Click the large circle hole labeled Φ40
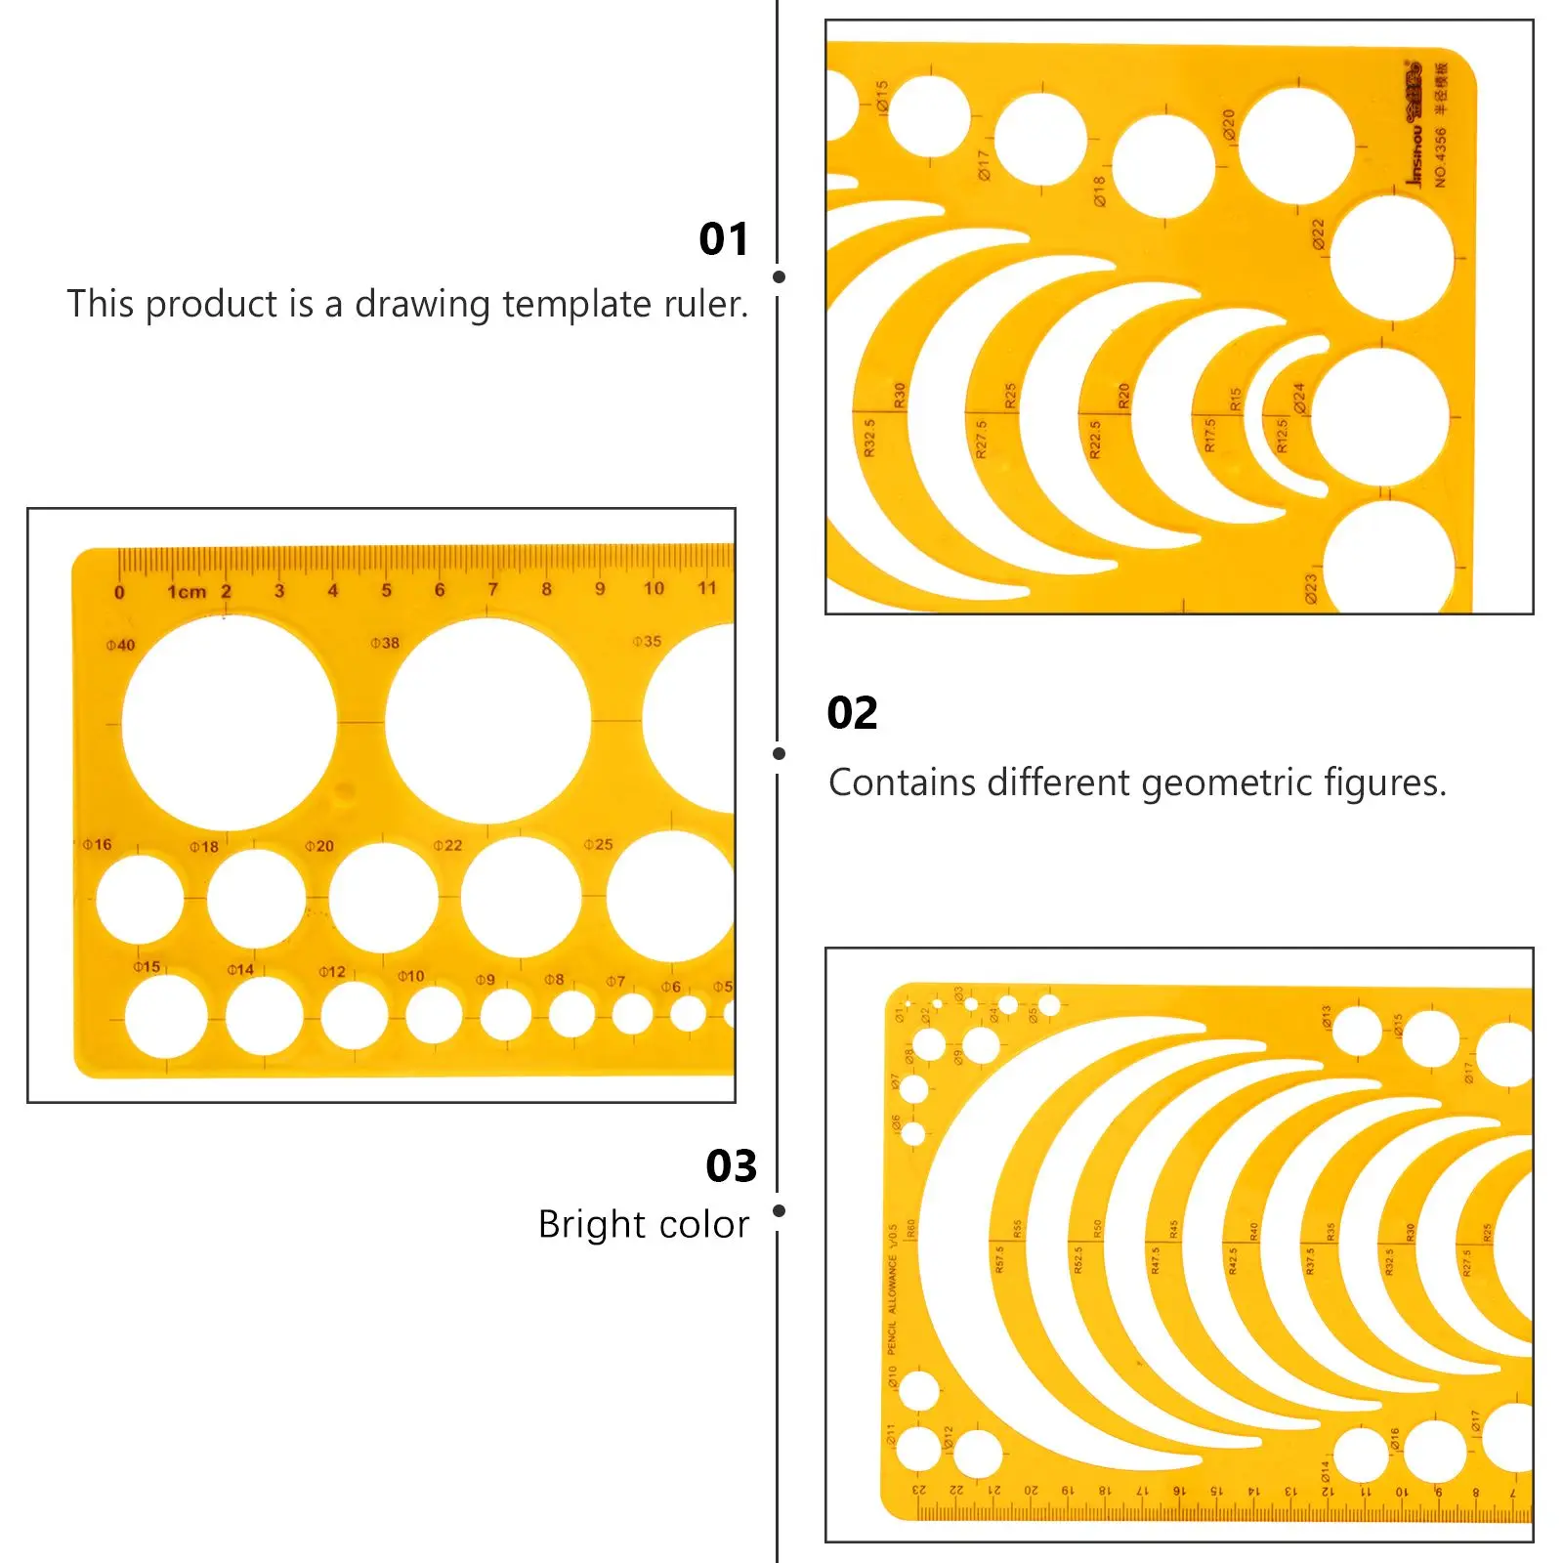230,723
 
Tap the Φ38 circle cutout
487,721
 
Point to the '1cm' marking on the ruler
187,591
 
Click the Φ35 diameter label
647,642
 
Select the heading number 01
723,239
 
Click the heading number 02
852,713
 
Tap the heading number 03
731,1166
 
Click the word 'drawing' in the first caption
422,305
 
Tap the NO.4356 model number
1440,156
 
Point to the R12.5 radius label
1283,435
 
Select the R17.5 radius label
1210,435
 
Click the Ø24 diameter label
1298,398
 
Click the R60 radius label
911,1229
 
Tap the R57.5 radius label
998,1259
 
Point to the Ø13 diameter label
1326,1017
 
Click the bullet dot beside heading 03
779,1211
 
